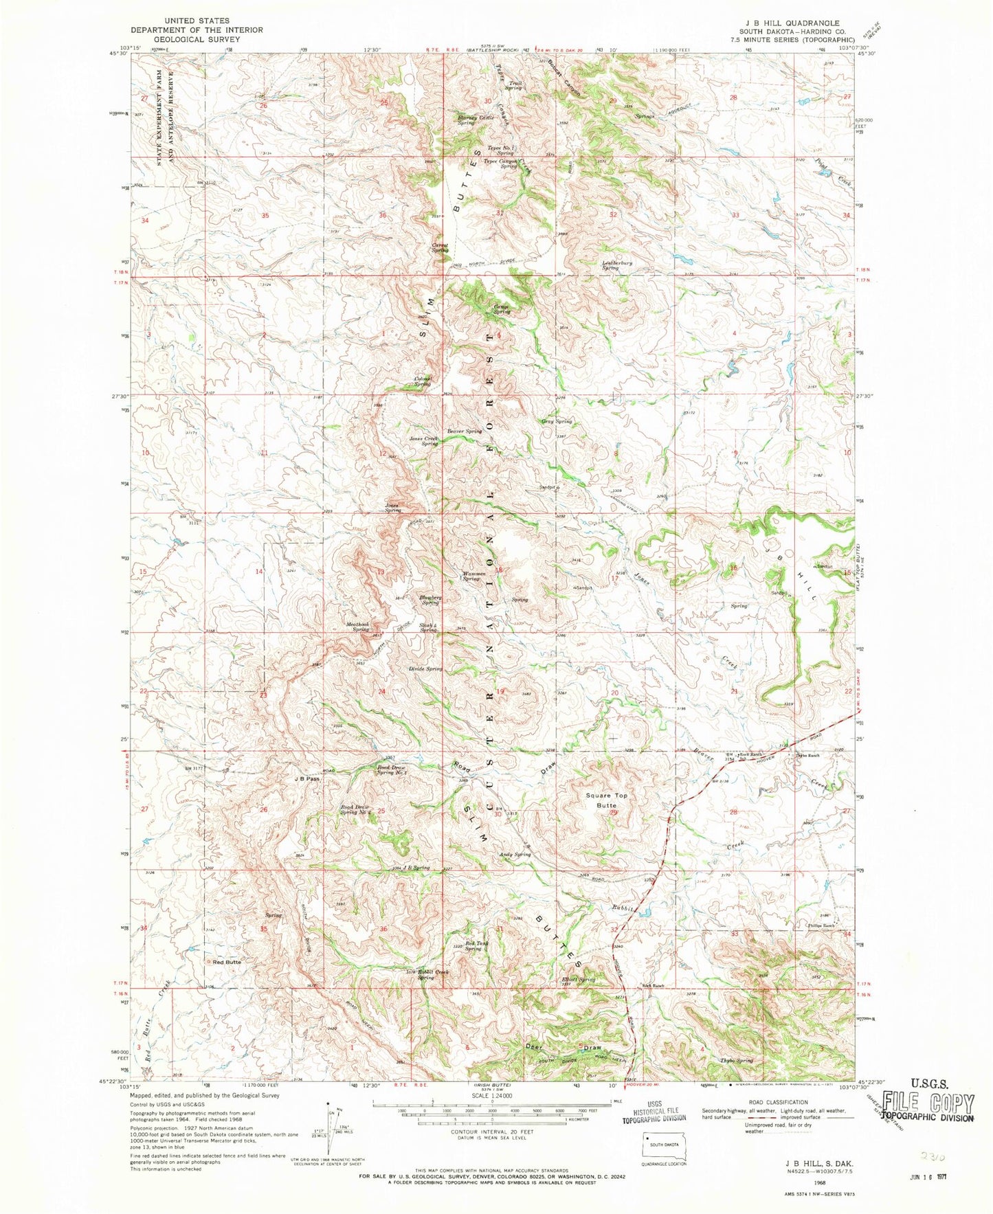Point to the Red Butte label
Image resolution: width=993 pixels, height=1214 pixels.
click(226, 962)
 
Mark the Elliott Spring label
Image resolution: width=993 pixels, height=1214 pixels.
click(577, 980)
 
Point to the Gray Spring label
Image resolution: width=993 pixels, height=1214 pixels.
click(557, 421)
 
